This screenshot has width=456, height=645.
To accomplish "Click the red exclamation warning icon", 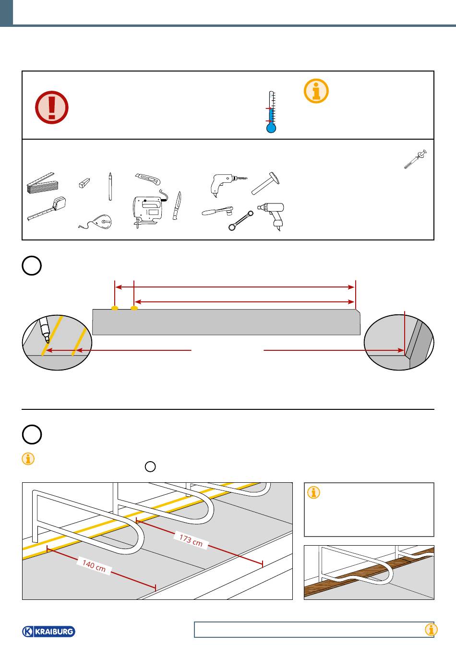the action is coord(52,107).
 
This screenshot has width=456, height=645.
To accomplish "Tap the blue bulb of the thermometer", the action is coord(271,128).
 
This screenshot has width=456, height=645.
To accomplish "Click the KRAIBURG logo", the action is coord(48,632).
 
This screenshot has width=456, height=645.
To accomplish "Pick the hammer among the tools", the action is coord(265,183).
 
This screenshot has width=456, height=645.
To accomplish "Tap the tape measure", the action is coord(47,208).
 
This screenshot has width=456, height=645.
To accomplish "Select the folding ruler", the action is coord(43,183).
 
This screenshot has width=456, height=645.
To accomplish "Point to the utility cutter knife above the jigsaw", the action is coord(147,179).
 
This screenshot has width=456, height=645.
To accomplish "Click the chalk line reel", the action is coord(96,222).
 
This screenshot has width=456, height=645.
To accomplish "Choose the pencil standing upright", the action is coord(110,186).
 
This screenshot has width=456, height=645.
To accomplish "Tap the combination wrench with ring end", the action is coord(241,221).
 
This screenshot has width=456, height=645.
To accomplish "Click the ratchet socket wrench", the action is coord(217,211).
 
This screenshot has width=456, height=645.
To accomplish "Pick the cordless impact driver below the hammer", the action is coord(272,215).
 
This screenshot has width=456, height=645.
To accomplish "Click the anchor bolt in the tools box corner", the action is coord(415,159).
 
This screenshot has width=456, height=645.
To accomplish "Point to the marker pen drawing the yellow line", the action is coord(45,330).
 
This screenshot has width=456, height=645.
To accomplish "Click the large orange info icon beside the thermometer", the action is coord(316,91).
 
